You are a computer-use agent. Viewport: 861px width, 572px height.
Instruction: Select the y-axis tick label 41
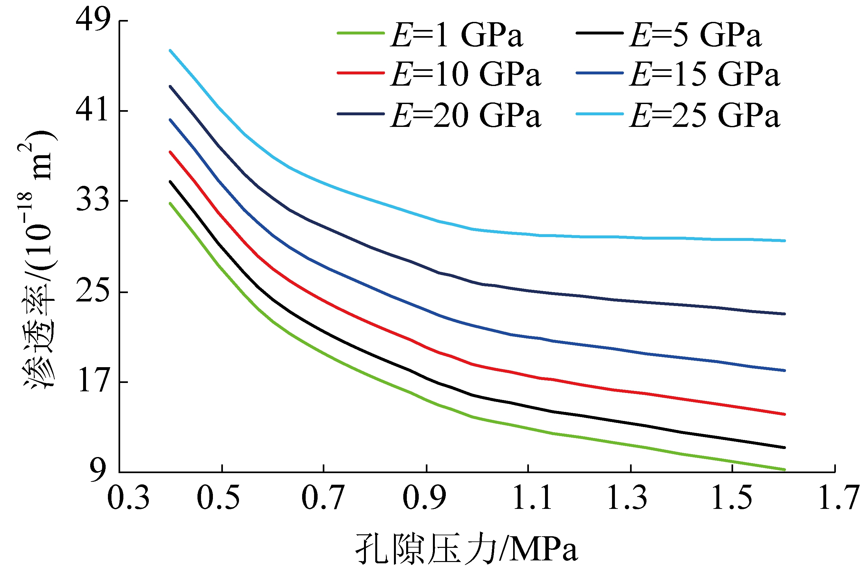(x=93, y=110)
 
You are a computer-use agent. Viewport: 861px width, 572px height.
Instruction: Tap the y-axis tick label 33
(x=93, y=200)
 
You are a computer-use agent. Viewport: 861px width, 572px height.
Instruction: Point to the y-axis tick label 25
(x=93, y=291)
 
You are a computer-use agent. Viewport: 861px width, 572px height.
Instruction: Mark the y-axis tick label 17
(x=93, y=382)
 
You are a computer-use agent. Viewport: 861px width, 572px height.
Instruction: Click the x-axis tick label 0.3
(x=128, y=498)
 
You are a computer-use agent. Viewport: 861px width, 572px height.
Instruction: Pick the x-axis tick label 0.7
(x=322, y=498)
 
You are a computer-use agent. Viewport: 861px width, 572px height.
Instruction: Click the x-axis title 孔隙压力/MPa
(x=467, y=549)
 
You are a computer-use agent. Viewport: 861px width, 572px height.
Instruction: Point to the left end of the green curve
(x=170, y=204)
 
